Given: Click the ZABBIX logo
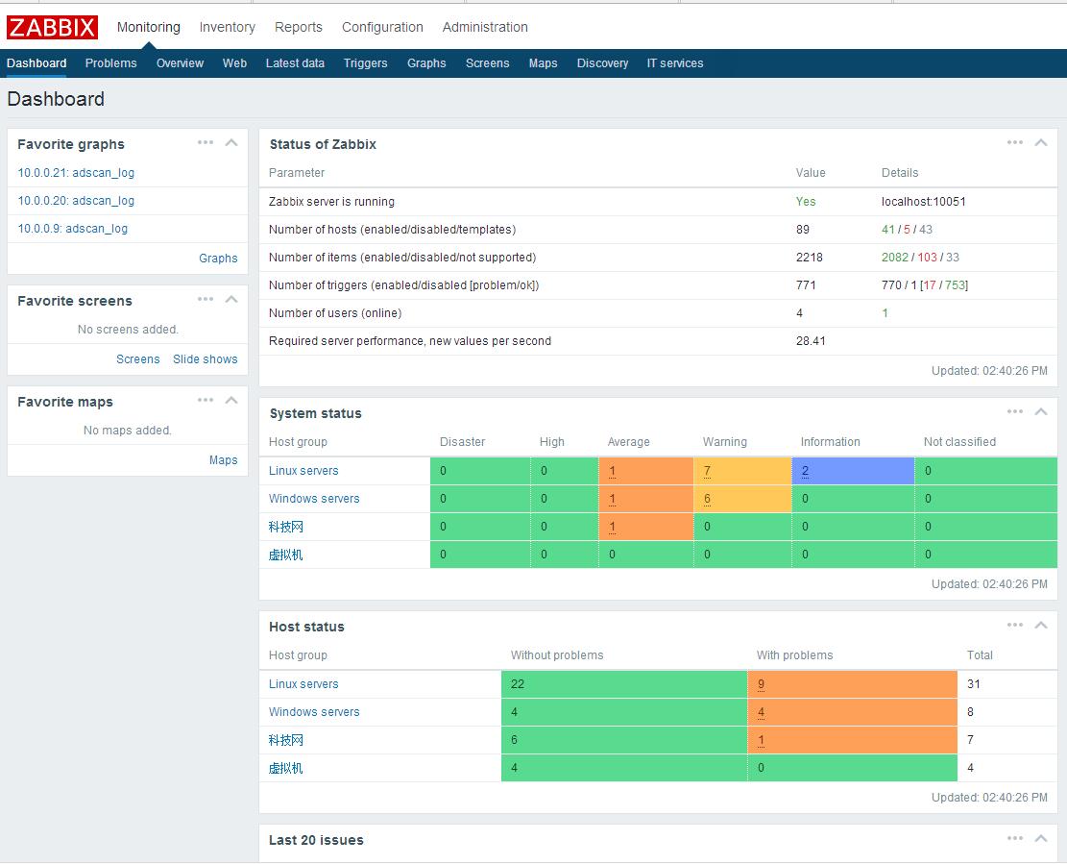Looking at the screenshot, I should pos(52,27).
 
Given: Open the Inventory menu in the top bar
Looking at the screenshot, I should pos(227,27).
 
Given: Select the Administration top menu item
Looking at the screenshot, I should pos(485,27).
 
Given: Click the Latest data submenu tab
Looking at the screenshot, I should pos(295,63).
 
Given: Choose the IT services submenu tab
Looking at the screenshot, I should pos(674,63).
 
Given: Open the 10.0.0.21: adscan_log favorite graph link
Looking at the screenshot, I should pos(76,173).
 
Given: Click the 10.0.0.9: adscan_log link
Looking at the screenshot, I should pos(72,229).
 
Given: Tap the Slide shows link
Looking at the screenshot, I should pos(205,359).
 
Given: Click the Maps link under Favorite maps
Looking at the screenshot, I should pos(223,460).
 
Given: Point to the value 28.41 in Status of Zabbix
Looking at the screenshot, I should pos(811,341).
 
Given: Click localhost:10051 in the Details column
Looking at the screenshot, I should pos(923,202).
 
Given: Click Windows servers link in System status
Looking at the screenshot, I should pos(314,499).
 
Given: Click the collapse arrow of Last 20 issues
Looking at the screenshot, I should pos(1040,839).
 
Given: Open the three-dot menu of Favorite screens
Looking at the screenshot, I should pos(206,299).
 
